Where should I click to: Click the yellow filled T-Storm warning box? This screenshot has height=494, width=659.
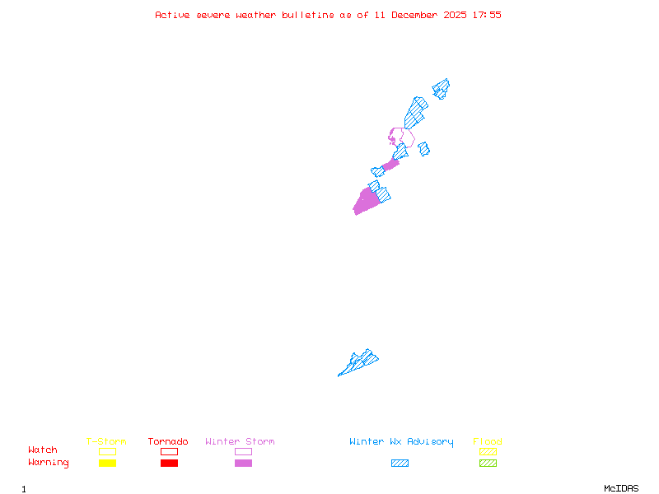click(107, 463)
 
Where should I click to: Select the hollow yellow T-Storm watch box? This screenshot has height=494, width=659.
click(107, 451)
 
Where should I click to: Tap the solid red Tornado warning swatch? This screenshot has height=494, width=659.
click(169, 463)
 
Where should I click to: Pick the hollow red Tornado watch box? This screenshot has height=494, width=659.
click(169, 451)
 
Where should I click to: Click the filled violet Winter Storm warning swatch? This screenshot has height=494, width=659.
click(243, 463)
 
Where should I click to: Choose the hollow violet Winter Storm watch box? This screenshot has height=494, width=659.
click(243, 451)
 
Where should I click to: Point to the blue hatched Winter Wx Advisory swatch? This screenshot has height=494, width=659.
click(400, 463)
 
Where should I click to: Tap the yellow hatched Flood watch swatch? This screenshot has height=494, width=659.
click(488, 451)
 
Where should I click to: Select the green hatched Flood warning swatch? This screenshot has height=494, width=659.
click(488, 463)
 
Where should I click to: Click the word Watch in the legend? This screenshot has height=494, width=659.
click(43, 450)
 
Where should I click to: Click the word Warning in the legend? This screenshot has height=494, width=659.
click(49, 463)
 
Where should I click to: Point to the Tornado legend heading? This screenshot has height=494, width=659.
click(168, 442)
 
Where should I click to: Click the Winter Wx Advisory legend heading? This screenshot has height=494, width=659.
click(401, 442)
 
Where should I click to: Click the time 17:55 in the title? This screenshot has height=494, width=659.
click(487, 15)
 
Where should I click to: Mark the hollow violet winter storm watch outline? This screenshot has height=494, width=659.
click(401, 137)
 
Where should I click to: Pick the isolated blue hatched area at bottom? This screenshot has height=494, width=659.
click(359, 362)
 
